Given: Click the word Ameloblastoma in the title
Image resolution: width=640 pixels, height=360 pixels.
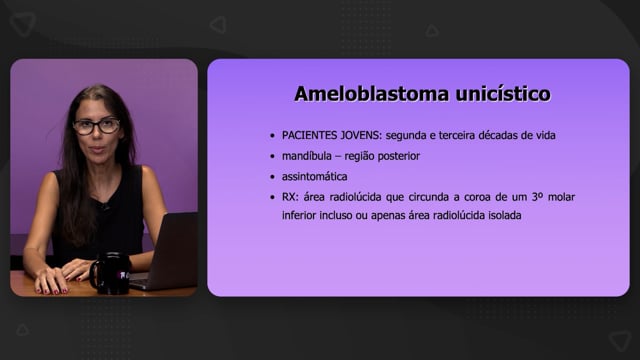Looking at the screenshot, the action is click(372, 93).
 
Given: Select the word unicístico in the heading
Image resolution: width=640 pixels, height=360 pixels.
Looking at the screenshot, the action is click(503, 93).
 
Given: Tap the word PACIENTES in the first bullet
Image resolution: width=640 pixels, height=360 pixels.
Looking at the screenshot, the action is click(309, 135).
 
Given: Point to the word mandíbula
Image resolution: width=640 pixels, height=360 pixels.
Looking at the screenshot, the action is click(307, 156).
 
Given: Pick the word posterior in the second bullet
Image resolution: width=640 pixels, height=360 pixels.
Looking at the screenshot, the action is click(398, 156).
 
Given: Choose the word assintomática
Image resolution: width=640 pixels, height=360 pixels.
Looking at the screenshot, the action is click(314, 177).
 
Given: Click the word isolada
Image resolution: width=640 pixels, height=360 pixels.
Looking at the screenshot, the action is click(505, 216).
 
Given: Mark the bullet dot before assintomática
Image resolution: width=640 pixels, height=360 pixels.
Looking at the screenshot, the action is click(272, 177).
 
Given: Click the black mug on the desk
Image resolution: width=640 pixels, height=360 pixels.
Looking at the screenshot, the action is click(110, 273).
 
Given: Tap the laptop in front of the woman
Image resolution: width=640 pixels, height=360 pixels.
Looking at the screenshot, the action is click(167, 252).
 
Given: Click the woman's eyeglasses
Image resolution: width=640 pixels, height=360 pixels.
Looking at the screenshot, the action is click(97, 127).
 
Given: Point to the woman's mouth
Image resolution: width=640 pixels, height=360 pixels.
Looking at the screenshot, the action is click(96, 150).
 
